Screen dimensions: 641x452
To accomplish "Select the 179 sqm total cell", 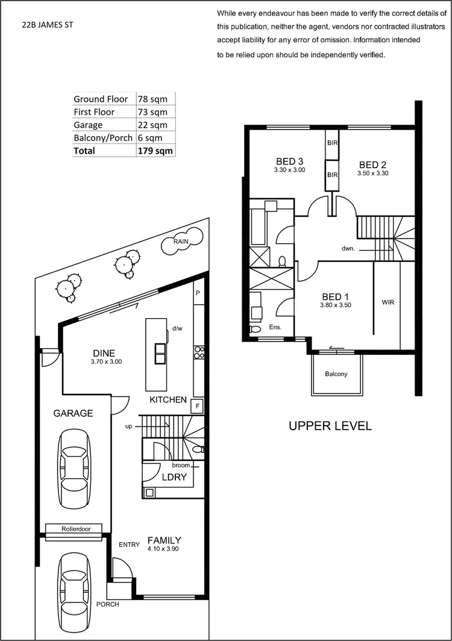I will (x=155, y=151).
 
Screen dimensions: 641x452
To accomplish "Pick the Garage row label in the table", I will (x=88, y=125).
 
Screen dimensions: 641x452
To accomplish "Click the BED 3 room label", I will (x=289, y=161).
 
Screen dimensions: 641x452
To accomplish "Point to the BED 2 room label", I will (x=372, y=165).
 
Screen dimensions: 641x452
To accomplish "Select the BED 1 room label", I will (x=336, y=297).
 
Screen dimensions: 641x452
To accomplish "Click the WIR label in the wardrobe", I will (x=388, y=302).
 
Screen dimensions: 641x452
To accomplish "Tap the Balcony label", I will (x=336, y=374).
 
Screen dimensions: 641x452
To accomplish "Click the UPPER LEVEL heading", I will (x=330, y=426).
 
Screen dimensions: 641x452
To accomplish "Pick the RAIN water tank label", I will (x=180, y=242).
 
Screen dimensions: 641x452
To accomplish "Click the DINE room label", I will (x=104, y=353).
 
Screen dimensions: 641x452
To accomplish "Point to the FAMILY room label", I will (x=163, y=540).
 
